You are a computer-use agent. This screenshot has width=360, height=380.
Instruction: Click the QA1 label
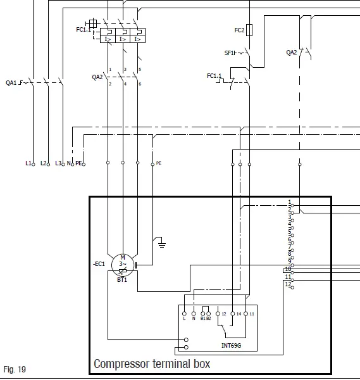point(11,83)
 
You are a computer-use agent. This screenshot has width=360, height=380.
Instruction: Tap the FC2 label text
point(239,30)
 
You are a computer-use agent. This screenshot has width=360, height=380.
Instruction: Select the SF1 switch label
point(228,53)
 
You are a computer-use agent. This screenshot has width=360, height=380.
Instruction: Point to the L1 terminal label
point(28,163)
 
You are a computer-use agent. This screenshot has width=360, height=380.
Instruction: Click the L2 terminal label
point(44,163)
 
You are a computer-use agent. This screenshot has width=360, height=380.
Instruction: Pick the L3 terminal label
point(58,163)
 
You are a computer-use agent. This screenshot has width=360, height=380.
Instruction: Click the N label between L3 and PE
point(69,163)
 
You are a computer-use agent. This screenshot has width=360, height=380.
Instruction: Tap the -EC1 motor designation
point(99,263)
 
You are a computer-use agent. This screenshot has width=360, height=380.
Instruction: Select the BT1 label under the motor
point(121,279)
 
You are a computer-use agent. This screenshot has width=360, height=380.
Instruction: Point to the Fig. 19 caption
point(15,369)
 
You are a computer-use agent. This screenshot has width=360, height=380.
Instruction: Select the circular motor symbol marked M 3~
point(122,263)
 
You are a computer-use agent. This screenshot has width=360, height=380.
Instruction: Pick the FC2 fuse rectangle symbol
point(250,29)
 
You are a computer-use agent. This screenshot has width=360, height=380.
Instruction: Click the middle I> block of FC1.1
point(123,39)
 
